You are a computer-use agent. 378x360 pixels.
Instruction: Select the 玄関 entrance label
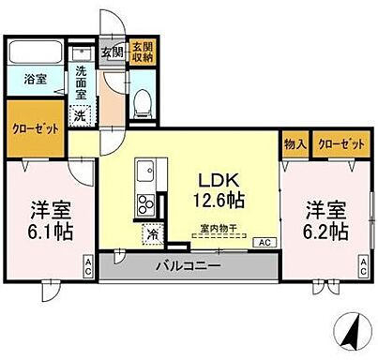[x=112, y=52]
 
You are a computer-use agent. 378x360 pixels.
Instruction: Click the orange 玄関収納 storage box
[x=143, y=52]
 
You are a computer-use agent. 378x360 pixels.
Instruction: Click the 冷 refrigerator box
[x=151, y=234]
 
